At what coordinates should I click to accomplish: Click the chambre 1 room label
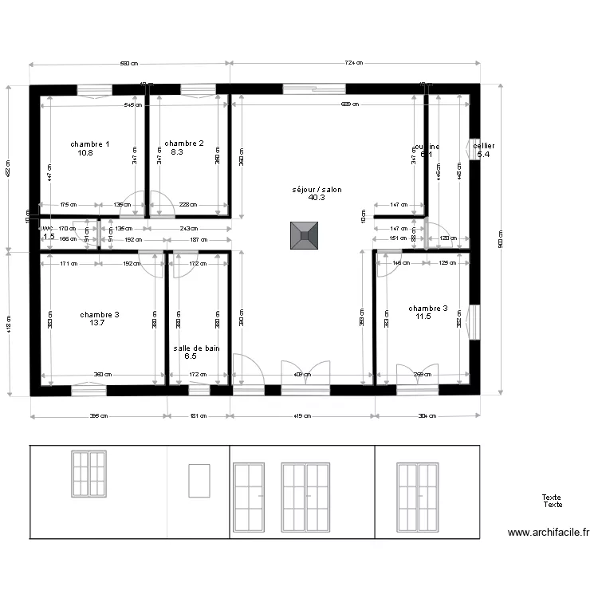pyautogui.click(x=90, y=144)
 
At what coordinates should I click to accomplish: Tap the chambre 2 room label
pyautogui.click(x=184, y=144)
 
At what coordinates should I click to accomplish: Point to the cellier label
pyautogui.click(x=483, y=146)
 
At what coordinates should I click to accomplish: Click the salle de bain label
pyautogui.click(x=196, y=348)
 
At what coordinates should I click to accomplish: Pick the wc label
pyautogui.click(x=47, y=228)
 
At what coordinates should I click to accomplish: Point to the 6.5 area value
pyautogui.click(x=191, y=356)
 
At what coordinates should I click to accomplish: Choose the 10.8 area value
pyautogui.click(x=86, y=152)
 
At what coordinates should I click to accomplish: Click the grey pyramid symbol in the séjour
pyautogui.click(x=304, y=236)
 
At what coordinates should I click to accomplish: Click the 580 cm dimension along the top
pyautogui.click(x=129, y=63)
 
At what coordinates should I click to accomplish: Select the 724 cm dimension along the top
pyautogui.click(x=354, y=63)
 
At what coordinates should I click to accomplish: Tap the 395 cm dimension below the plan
pyautogui.click(x=98, y=415)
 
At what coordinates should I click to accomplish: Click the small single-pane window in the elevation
pyautogui.click(x=198, y=482)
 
